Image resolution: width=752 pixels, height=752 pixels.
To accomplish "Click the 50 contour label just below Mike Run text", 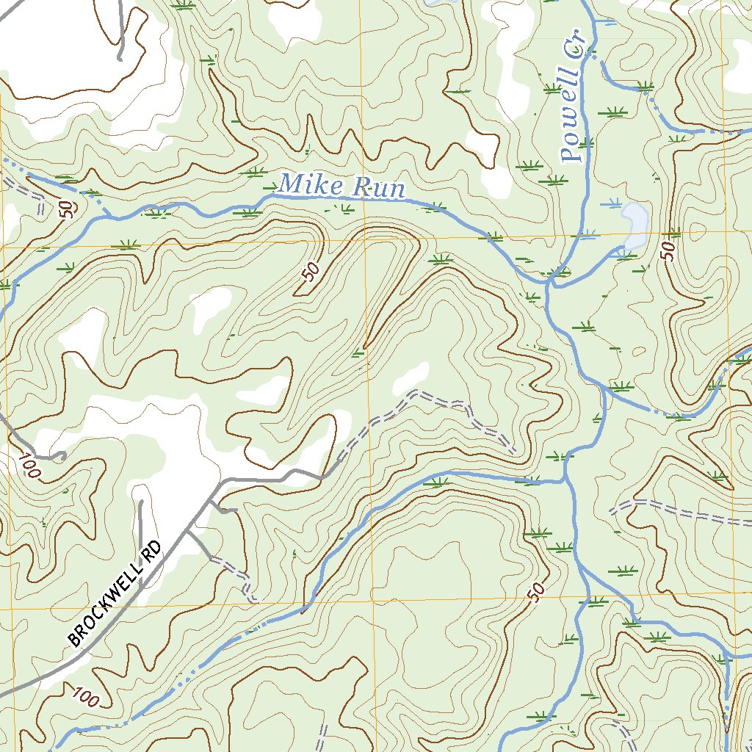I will [x=311, y=272].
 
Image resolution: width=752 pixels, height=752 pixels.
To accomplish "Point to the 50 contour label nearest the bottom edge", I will [x=535, y=590].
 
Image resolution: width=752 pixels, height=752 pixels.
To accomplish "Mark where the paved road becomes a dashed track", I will [x=323, y=477].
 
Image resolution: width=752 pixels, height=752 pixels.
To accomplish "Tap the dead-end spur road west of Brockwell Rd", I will [x=140, y=529].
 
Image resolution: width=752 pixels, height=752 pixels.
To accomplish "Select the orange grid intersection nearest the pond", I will [x=723, y=233].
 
